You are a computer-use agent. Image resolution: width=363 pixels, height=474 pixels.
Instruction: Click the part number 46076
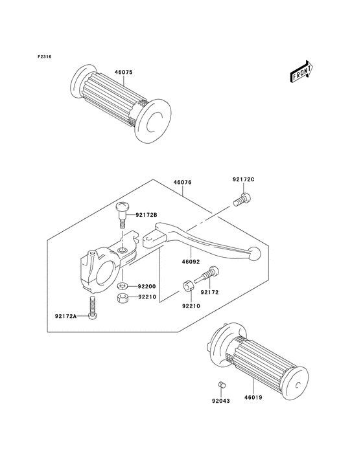[x=182, y=183]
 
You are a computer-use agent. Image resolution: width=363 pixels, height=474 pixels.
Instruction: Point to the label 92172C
[x=244, y=179]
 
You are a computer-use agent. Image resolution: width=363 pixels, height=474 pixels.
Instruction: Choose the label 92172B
[x=146, y=216]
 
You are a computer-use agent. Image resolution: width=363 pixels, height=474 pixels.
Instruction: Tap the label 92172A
[x=65, y=316]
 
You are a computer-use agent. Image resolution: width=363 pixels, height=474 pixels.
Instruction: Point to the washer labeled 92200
[x=123, y=286]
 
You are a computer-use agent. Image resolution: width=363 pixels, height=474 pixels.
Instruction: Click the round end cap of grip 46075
[x=152, y=122]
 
